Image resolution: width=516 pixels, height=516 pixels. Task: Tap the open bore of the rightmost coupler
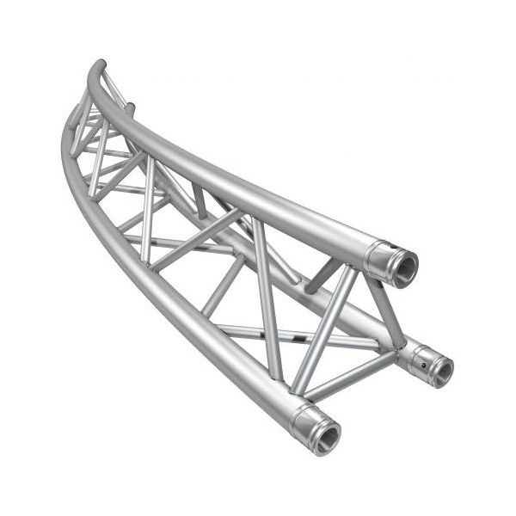pos(441,369)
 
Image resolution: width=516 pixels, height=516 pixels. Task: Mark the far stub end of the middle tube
pos(131,108)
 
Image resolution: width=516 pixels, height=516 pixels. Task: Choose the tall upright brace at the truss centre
pos(266,284)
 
